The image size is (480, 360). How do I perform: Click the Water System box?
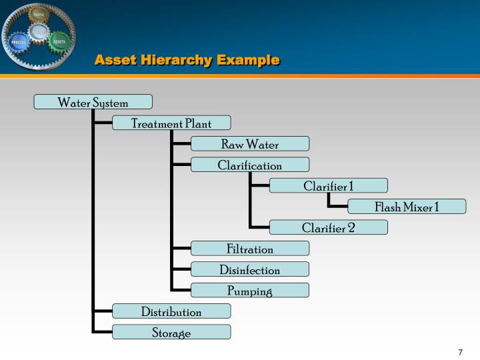93,102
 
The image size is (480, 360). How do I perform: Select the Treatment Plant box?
171,123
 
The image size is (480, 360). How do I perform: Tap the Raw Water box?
250,144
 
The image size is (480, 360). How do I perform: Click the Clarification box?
250,165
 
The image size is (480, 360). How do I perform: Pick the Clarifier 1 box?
329,185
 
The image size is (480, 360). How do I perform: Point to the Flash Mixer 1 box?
407,207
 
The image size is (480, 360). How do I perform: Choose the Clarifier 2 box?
329,227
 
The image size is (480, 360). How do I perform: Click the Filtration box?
250,249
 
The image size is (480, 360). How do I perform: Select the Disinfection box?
250,269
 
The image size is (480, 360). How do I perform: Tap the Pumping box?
250,290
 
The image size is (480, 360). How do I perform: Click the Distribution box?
171,311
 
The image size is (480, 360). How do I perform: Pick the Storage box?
171,332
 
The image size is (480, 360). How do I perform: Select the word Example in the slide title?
247,60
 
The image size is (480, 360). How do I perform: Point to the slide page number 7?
460,352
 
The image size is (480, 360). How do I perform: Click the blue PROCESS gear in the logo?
19,43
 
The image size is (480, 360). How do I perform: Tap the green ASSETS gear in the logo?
59,41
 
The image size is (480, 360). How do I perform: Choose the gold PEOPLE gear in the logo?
39,15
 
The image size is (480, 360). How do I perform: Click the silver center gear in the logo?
39,31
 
